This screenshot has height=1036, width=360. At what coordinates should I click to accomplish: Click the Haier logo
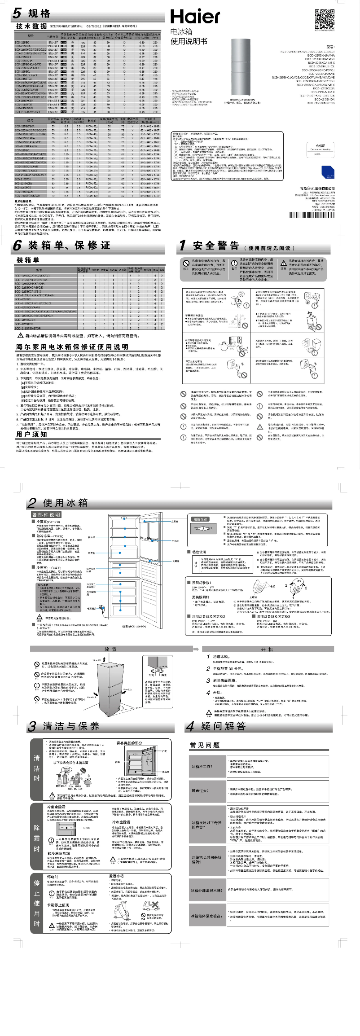point(195,17)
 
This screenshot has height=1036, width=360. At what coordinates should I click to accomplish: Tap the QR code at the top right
point(324,19)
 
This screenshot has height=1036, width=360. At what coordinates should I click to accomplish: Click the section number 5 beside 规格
point(17,13)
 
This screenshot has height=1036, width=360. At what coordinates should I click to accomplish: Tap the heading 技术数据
point(31,26)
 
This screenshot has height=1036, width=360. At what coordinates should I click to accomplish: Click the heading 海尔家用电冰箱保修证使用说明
point(72,347)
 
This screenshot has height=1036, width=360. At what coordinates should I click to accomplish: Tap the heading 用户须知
point(31,434)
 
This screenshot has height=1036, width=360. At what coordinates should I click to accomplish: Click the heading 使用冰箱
point(65,502)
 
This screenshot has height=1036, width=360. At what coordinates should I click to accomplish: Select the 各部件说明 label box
point(46,514)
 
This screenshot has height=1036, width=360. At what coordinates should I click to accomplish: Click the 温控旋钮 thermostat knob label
point(200,519)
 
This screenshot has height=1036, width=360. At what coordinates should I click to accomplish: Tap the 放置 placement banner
point(110,649)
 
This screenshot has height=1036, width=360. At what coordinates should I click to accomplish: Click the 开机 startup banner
point(267,649)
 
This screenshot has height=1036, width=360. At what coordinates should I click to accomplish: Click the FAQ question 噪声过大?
point(200,791)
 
